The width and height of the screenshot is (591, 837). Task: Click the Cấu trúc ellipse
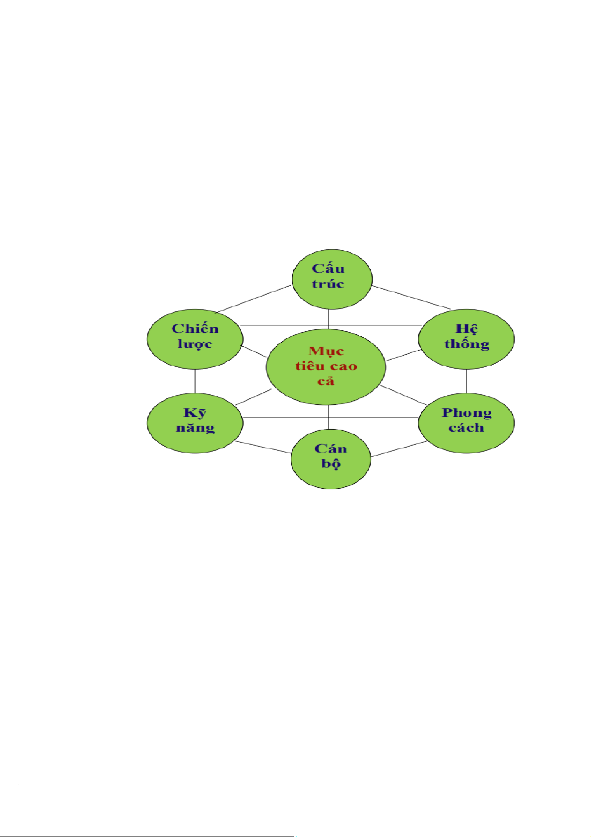(331, 279)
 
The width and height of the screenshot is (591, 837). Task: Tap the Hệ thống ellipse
(466, 339)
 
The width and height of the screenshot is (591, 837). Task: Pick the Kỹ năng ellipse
(195, 423)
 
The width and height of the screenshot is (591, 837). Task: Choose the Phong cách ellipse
(466, 423)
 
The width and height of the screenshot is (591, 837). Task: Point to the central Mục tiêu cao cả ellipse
(326, 367)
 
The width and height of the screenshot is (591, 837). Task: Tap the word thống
(466, 344)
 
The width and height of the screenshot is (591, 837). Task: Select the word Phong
(466, 413)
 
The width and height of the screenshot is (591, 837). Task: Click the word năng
(195, 428)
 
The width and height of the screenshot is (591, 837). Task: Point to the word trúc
(328, 285)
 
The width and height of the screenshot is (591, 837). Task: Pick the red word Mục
(326, 352)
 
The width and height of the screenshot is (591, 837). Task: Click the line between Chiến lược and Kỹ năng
(195, 381)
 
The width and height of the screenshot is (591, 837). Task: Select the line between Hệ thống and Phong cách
(466, 381)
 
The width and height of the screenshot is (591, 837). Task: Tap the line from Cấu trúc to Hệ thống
(411, 298)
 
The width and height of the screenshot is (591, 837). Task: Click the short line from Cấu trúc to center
(328, 318)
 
